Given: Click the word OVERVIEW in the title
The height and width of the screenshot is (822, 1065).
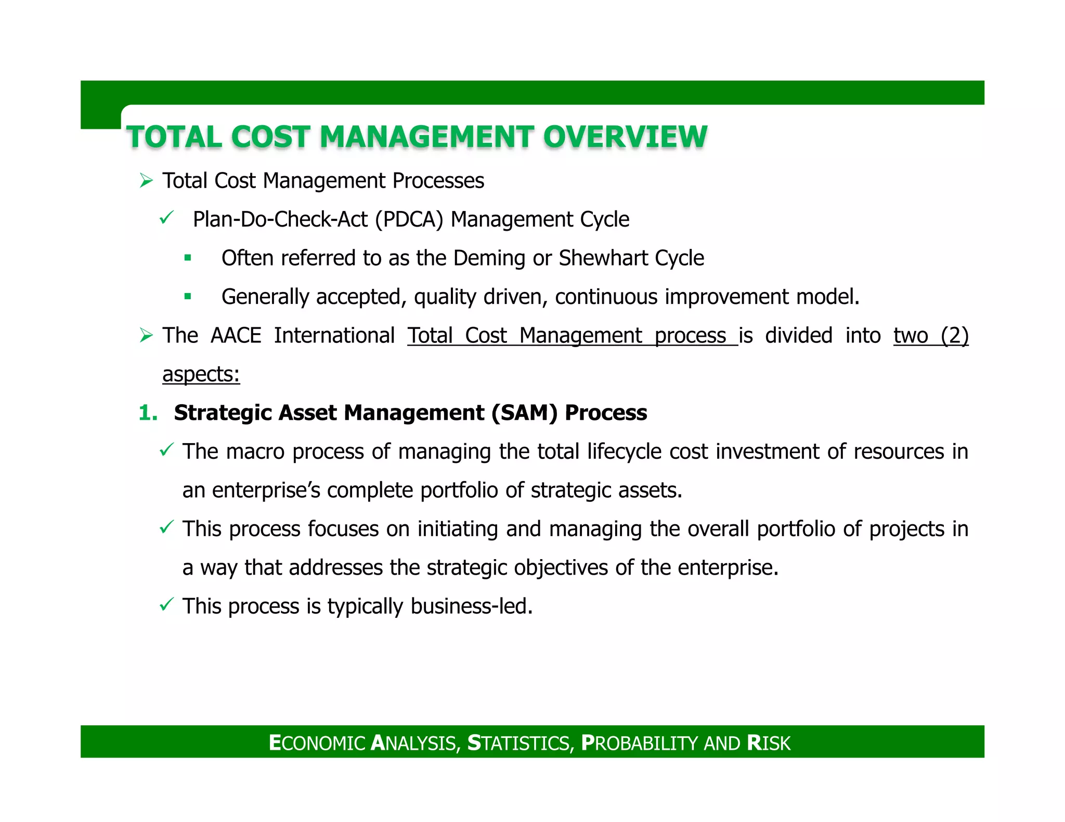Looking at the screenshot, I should tap(625, 137).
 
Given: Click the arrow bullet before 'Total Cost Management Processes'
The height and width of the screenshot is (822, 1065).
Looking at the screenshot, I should tap(146, 181).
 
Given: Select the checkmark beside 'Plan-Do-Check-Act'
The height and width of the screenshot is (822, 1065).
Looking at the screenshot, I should tap(166, 218).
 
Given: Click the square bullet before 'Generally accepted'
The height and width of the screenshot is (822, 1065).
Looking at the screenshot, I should tap(188, 297).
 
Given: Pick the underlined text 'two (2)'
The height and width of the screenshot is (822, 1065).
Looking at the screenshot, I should tap(931, 336).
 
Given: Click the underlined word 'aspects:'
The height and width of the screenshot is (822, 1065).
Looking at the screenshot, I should tap(201, 375).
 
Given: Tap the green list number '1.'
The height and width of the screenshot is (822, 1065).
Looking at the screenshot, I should tap(148, 413).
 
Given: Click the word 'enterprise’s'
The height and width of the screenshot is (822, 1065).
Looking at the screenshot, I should tap(266, 490).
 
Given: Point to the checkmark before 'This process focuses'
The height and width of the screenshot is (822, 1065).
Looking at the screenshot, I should tap(166, 528).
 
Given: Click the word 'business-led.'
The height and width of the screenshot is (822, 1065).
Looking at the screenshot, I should tap(472, 606).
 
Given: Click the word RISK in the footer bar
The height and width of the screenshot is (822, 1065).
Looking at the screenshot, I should tap(769, 743).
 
